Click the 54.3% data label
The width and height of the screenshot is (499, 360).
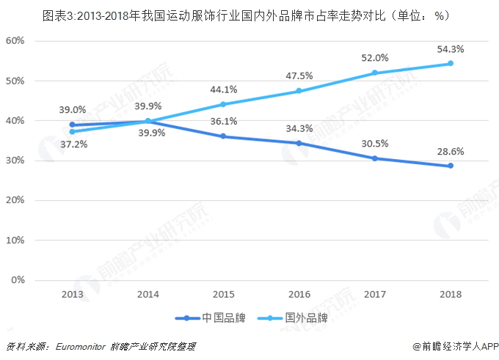click(449, 48)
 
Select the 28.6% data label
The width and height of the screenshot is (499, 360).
click(449, 152)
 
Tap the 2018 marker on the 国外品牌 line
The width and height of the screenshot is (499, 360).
click(451, 63)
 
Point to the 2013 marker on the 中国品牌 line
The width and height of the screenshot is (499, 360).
click(73, 125)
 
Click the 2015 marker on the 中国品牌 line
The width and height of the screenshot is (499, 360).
click(223, 136)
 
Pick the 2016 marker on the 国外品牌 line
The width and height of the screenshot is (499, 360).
click(299, 91)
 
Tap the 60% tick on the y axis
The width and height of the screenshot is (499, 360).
click(15, 40)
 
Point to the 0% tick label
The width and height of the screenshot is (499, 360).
click(18, 280)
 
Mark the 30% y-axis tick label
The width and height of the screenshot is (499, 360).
click(15, 160)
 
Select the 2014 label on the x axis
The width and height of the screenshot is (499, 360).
click(147, 294)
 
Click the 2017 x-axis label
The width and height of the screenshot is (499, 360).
click(374, 294)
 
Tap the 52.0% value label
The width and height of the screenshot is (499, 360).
click(374, 58)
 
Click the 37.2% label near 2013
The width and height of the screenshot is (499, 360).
click(73, 144)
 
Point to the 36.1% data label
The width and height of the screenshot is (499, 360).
click(223, 122)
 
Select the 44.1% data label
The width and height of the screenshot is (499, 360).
click(223, 89)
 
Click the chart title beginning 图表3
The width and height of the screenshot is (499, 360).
click(249, 14)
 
